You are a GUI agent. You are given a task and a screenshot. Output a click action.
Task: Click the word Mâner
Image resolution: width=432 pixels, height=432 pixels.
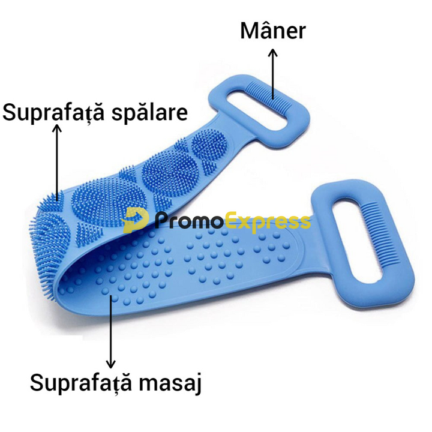273,31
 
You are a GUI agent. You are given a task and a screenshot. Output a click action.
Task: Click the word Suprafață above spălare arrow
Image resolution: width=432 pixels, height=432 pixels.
53,113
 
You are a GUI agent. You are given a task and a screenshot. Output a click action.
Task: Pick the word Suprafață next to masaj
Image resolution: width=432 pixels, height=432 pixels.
81,383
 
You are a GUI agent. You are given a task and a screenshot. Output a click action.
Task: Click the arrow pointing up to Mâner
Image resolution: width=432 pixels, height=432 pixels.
273,74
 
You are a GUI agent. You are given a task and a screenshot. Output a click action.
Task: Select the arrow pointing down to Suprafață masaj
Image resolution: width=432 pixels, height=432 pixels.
111,331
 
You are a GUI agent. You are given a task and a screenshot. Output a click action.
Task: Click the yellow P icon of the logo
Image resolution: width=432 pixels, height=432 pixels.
136,221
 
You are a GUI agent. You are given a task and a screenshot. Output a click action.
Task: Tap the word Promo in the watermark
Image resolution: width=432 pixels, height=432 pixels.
188,220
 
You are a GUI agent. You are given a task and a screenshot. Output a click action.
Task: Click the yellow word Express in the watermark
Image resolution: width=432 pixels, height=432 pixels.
266,222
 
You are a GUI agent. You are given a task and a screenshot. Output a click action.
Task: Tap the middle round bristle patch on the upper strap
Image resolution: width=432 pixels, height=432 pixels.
170,174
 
